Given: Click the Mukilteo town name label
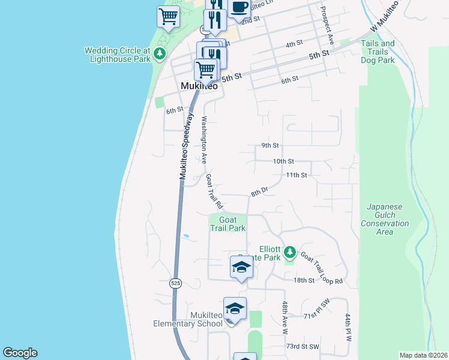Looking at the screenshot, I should tap(199, 86).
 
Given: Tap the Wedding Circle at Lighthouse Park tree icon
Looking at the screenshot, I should tap(160, 55).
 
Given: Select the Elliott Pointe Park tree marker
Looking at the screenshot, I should tap(290, 251).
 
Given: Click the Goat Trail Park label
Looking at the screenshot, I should tap(228, 224).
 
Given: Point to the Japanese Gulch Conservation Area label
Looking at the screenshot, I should tap(385, 219).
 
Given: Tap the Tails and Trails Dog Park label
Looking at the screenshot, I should tap(378, 52).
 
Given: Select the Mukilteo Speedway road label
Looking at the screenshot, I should tap(187, 146).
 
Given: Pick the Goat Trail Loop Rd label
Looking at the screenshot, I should tap(322, 268).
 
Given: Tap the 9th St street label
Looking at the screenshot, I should tap(270, 145).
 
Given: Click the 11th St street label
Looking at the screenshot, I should tap(297, 175).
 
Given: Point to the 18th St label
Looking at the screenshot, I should tap(304, 280).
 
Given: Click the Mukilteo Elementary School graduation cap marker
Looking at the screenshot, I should tap(235, 310).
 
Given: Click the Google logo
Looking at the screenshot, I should tap(20, 353).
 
